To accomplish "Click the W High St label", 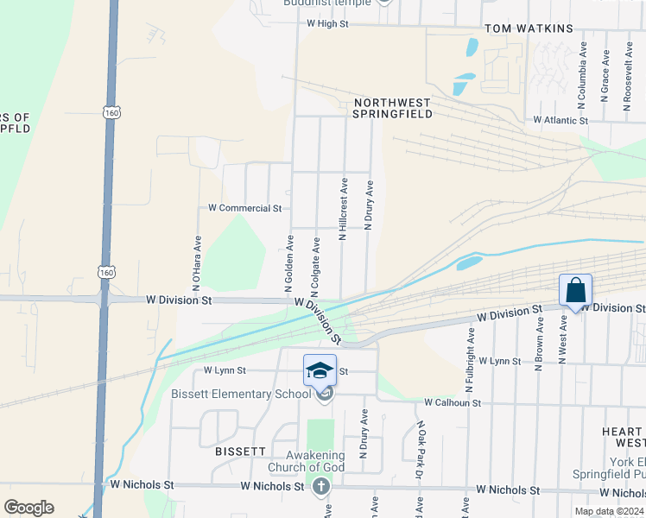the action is (x=326, y=24).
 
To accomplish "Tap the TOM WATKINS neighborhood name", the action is (x=529, y=28).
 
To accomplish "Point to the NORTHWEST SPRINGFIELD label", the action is (x=392, y=107).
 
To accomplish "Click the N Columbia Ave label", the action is (x=584, y=68).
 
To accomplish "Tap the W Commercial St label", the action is (x=245, y=208).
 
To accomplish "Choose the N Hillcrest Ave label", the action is (x=343, y=209).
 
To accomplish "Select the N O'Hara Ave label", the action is (x=197, y=262).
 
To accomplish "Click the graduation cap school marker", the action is (x=320, y=370).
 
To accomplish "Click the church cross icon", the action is (x=321, y=487).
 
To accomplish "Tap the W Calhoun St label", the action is (x=453, y=403).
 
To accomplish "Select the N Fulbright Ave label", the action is (x=472, y=344).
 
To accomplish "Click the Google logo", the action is (x=28, y=508).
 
